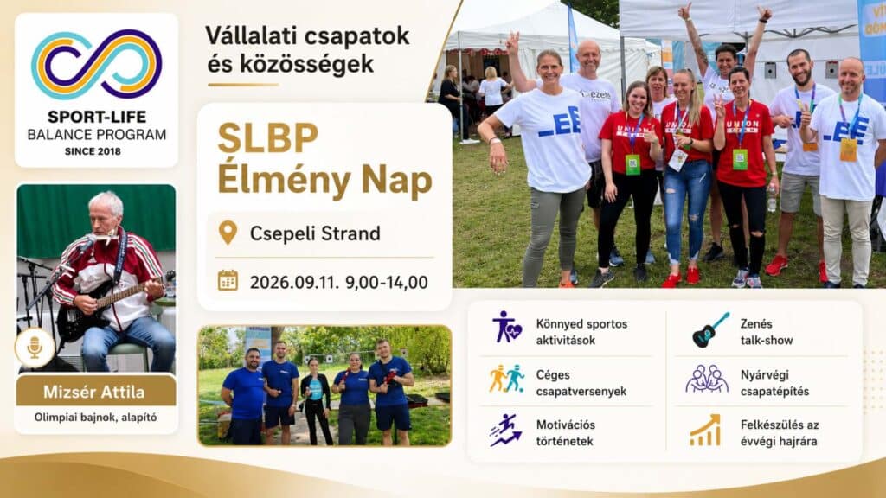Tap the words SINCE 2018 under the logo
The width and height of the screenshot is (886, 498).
[93, 151]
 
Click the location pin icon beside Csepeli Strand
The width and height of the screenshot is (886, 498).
[228, 233]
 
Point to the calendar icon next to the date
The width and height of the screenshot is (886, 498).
[228, 281]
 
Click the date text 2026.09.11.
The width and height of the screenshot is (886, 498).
[293, 283]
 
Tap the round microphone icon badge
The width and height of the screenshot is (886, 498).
[35, 348]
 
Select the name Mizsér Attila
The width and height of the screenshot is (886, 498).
[93, 392]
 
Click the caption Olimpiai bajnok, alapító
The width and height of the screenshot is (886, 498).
[95, 418]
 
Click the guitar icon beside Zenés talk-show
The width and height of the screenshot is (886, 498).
[710, 329]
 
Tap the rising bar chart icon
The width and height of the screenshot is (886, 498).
[705, 431]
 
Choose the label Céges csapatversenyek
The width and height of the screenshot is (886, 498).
[581, 383]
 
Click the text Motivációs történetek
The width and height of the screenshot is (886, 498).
[566, 433]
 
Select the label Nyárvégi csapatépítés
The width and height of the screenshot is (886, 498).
[774, 383]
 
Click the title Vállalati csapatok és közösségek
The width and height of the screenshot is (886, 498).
[307, 49]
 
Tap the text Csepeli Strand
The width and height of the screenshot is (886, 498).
[315, 233]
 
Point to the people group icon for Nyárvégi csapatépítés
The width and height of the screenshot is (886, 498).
[707, 379]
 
